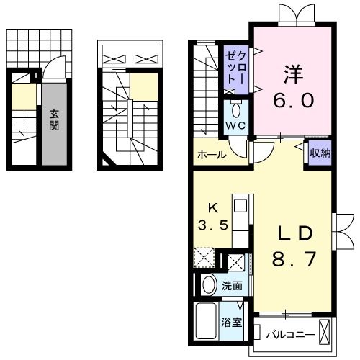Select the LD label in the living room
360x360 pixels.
coord(293,233)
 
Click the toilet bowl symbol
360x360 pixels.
coord(237,109)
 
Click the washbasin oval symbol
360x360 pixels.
coord(209,285)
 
